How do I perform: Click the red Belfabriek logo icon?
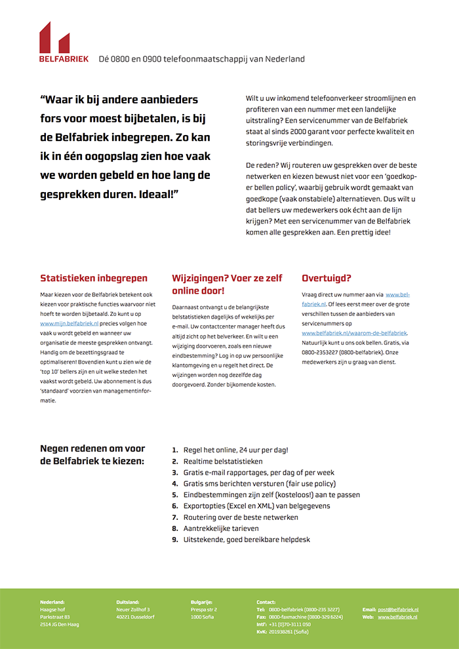click(54, 37)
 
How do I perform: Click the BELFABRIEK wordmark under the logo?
click(64, 59)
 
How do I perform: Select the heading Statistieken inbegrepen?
click(94, 278)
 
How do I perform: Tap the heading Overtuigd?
click(327, 278)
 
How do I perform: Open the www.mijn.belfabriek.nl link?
click(70, 323)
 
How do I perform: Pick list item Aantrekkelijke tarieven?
click(221, 528)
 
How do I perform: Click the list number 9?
click(174, 540)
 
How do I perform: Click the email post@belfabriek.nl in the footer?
click(397, 610)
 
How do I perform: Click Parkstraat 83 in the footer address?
click(55, 617)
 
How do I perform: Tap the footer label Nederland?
click(52, 602)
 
